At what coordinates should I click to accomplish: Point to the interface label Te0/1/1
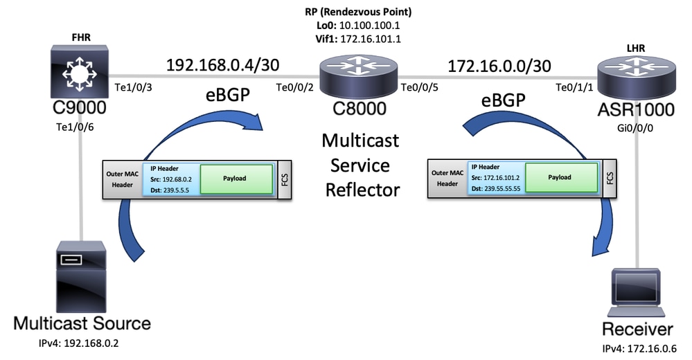574,88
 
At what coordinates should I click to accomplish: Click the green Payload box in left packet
234,178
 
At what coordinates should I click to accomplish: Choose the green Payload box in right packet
560,177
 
